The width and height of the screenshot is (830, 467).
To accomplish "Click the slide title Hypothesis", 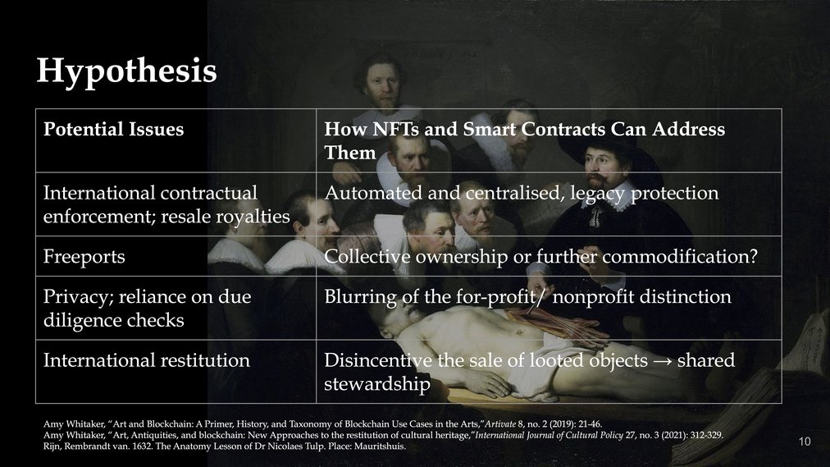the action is point(126,71).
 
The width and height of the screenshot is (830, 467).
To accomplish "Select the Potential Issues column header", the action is point(113,129).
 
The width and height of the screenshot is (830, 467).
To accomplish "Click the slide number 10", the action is point(804,442).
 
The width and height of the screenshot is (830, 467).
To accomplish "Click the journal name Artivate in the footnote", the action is point(500,424).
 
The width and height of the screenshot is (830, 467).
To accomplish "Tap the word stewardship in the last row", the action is point(377,384).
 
